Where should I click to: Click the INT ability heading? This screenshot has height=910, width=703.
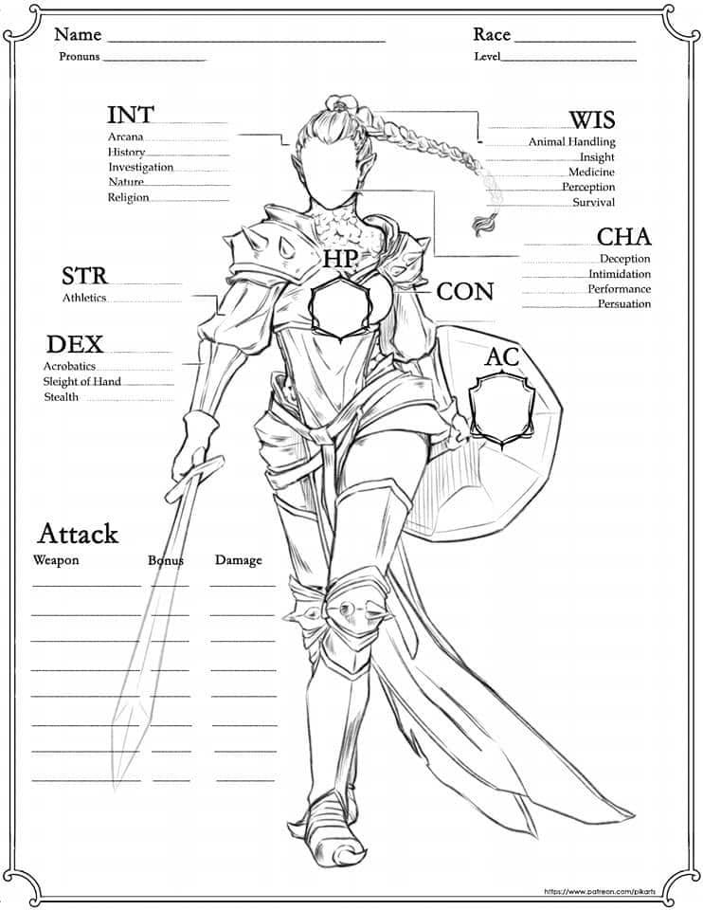pos(131,115)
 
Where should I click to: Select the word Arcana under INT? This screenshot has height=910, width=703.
pos(125,136)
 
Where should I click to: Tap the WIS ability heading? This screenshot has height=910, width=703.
pos(591,119)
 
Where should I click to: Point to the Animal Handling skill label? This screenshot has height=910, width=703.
pos(571,141)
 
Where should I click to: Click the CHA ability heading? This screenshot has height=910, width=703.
pos(623,236)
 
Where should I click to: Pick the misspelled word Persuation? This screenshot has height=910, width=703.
pos(623,304)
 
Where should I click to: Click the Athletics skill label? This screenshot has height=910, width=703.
pos(84,298)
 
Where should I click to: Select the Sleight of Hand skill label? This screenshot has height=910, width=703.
pos(81,381)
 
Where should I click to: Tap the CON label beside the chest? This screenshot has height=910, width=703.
pos(465,292)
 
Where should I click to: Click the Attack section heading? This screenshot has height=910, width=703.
pos(78,533)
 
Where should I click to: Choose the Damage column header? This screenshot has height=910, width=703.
pos(238,560)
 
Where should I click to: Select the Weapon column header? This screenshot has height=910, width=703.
pos(56,560)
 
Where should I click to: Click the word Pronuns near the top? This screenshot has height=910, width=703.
pos(79,57)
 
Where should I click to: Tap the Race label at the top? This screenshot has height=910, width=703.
pos(492,35)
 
